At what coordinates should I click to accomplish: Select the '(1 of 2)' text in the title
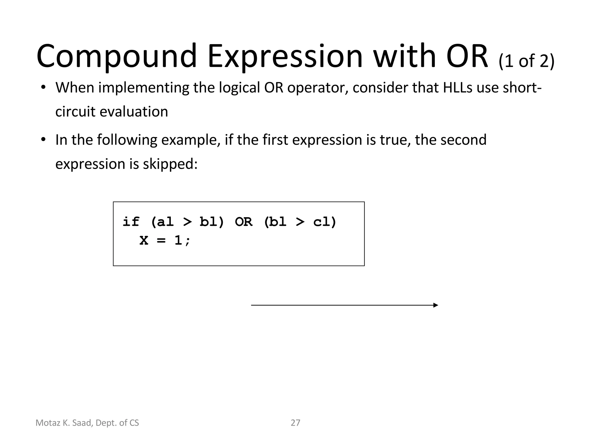(526, 61)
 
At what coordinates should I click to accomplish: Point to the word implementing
(144, 88)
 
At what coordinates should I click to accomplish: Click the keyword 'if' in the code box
(131, 222)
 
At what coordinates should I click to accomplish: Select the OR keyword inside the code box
(244, 222)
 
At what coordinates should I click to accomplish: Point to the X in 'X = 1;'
(144, 240)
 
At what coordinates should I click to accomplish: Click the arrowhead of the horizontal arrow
(436, 305)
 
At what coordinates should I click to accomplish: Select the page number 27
(295, 423)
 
